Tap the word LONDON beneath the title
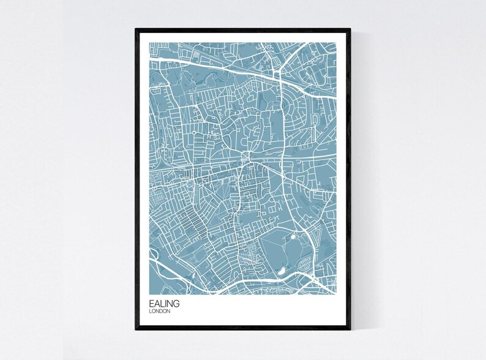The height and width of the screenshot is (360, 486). point(159,311)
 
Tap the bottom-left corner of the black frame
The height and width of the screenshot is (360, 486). point(135,330)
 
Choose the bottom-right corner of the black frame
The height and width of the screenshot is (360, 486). point(351,330)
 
